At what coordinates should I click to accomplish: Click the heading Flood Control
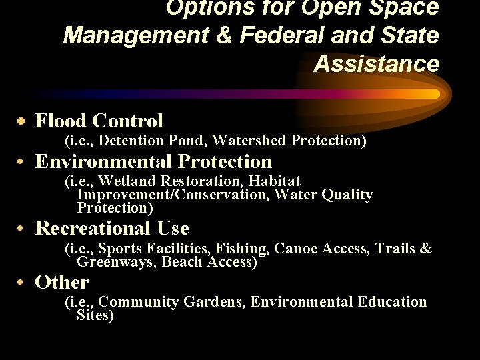coord(99,121)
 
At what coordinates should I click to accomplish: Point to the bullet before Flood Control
coord(23,121)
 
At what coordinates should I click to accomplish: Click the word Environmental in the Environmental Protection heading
coord(104,161)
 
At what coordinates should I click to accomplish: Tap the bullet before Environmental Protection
coord(23,162)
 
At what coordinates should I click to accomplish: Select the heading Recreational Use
coord(112,228)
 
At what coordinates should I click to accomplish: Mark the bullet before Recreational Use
coord(23,229)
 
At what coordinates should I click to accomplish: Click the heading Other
coord(62,282)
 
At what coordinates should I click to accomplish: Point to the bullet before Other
coord(23,283)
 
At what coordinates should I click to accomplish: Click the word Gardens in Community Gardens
coord(213,302)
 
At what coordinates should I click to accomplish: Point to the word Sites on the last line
coord(95,315)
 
